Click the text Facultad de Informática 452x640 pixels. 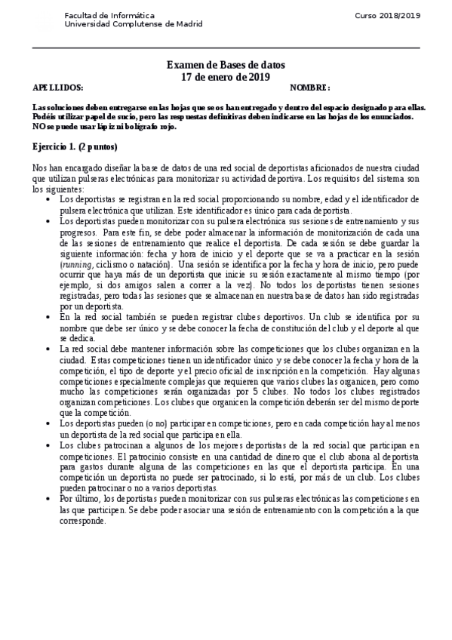(110, 15)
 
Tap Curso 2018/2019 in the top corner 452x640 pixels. (388, 15)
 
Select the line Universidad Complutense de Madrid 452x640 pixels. (134, 23)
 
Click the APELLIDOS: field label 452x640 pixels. (54, 88)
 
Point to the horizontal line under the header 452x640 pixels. (226, 48)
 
